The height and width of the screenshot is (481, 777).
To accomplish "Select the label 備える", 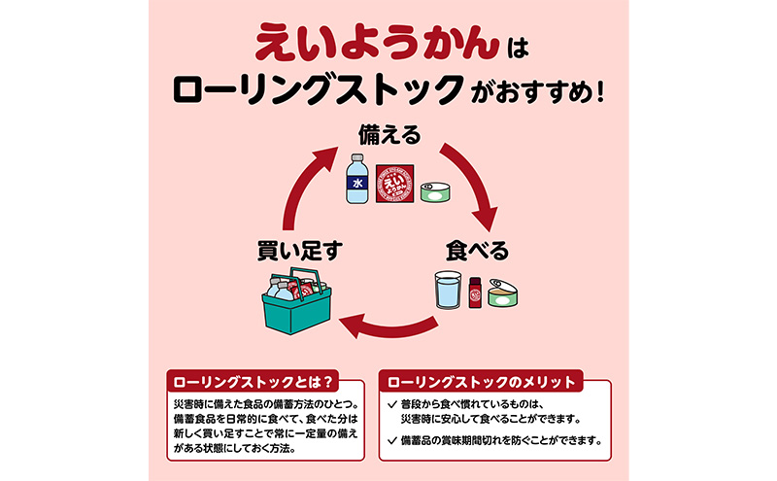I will (x=388, y=134).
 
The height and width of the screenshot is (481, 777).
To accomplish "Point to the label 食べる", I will (x=476, y=251).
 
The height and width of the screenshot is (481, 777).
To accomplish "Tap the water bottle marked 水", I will (x=355, y=178).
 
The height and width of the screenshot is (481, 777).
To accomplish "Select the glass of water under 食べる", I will (x=449, y=290).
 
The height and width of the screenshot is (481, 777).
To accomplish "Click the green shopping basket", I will (x=294, y=304).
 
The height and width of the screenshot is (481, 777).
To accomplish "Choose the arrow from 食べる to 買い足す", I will (x=388, y=327).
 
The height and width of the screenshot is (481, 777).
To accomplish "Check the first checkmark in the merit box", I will (x=391, y=403).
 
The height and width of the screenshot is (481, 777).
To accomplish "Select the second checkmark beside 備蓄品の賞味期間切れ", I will (x=391, y=439).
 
